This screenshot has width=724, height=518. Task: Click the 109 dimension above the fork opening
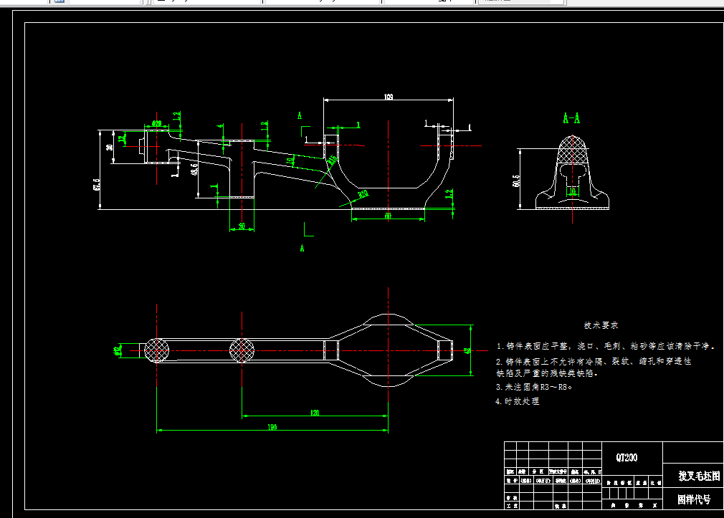(x=389, y=96)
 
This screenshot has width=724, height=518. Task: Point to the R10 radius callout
(x=363, y=193)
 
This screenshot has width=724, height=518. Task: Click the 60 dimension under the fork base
(x=388, y=215)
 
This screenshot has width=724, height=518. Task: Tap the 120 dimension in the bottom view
(x=315, y=413)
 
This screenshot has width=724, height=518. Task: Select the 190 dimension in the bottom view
(x=272, y=427)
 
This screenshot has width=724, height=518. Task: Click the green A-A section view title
(x=571, y=117)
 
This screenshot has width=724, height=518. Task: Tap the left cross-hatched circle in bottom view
(x=157, y=350)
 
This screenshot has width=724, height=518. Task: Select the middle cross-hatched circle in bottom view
(x=242, y=350)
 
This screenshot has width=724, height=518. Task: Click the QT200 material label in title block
(x=627, y=457)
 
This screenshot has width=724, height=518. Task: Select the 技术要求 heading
(x=601, y=325)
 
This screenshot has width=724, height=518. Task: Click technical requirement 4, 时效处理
(x=518, y=401)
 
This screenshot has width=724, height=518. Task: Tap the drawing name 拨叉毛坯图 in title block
(x=699, y=476)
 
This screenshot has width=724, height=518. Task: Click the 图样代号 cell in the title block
(x=694, y=499)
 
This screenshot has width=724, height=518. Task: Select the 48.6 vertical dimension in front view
(x=194, y=169)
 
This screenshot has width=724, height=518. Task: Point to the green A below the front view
(x=302, y=248)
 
